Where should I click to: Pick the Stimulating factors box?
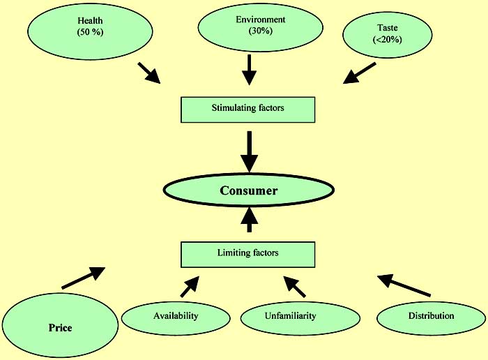pyautogui.click(x=248, y=108)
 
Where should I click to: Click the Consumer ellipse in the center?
pyautogui.click(x=249, y=190)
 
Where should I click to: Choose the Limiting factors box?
pyautogui.click(x=248, y=254)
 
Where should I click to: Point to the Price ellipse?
pyautogui.click(x=61, y=327)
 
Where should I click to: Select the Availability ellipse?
pyautogui.click(x=176, y=316)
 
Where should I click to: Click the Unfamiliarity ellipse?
pyautogui.click(x=290, y=316)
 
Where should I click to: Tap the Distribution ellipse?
pyautogui.click(x=431, y=316)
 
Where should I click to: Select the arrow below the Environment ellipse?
pyautogui.click(x=249, y=69)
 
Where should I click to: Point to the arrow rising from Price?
pyautogui.click(x=84, y=277)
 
